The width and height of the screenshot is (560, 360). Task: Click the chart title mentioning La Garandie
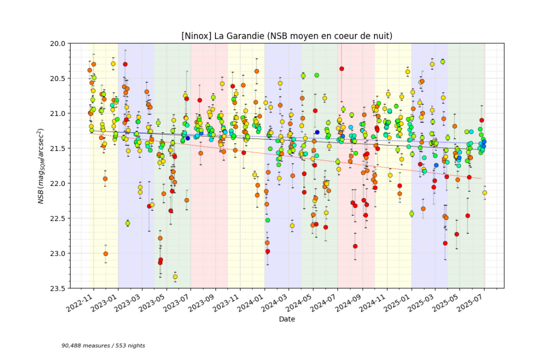point(287,36)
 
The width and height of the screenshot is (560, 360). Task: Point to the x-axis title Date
point(287,319)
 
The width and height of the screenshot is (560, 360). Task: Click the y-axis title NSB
point(40,166)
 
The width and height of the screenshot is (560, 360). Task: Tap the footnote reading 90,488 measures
point(103,346)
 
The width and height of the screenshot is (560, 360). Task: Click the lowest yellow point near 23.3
point(175,277)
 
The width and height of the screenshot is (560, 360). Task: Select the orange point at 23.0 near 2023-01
point(106,254)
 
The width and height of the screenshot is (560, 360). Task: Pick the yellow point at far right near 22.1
point(485,193)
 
